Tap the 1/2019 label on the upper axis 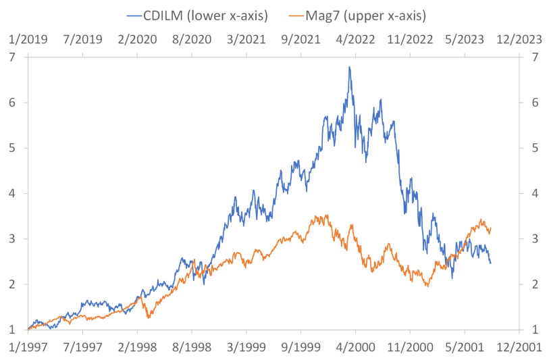coord(28,39)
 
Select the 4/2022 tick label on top coord(356,39)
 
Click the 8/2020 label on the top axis coord(192,39)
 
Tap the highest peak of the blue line coord(349,67)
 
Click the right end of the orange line coord(490,230)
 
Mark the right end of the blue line coord(491,262)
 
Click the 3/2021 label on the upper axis coord(246,39)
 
